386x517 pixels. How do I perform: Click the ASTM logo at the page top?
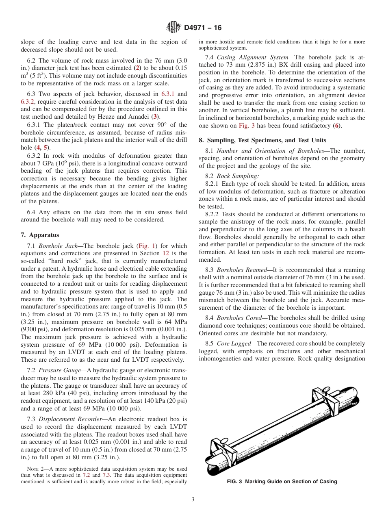click(x=173, y=28)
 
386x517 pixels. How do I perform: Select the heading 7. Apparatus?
click(x=39, y=235)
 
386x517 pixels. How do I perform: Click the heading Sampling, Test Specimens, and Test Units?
click(x=266, y=140)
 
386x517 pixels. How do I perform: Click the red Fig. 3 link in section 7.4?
click(x=247, y=126)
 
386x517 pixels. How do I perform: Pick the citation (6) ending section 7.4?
click(x=336, y=126)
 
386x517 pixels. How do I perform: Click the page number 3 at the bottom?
click(x=193, y=500)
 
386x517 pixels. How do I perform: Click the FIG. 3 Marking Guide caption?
click(x=282, y=482)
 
